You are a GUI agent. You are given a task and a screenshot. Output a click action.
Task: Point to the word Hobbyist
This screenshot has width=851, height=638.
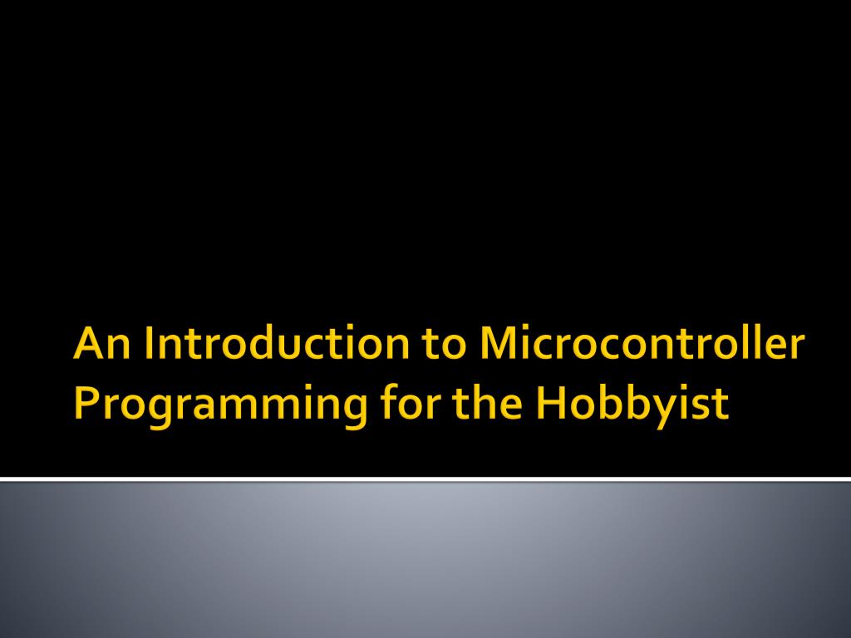tap(632, 405)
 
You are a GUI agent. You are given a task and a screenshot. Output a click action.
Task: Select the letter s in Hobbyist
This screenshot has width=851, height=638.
tap(702, 406)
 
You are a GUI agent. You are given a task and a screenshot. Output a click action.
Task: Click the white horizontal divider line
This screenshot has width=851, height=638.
tap(425, 478)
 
